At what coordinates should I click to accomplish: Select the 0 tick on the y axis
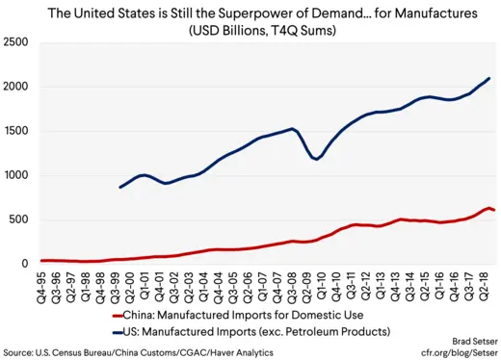tap(24, 263)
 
